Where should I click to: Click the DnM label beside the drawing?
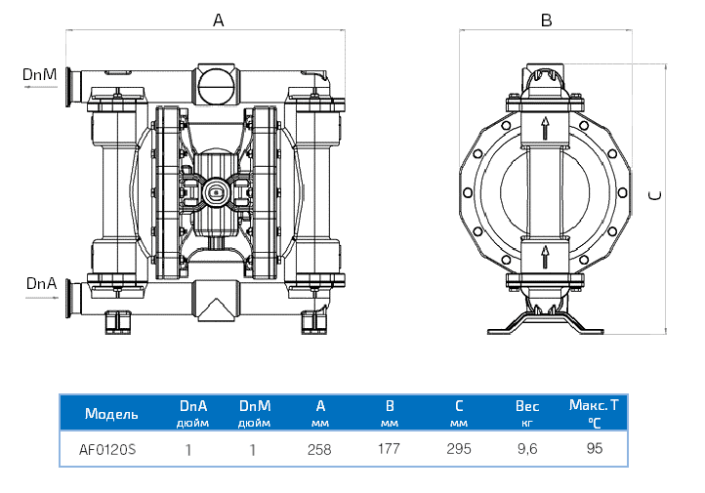(38, 74)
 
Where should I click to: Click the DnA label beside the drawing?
(39, 283)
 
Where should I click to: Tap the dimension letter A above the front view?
(218, 20)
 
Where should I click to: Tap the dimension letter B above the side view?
(547, 20)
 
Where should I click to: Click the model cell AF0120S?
(107, 450)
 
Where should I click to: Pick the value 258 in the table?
(319, 450)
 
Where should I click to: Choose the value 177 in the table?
(391, 450)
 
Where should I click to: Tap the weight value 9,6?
(526, 450)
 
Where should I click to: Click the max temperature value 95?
(595, 449)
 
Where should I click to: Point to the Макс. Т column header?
(595, 403)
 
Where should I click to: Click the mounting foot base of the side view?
(546, 328)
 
